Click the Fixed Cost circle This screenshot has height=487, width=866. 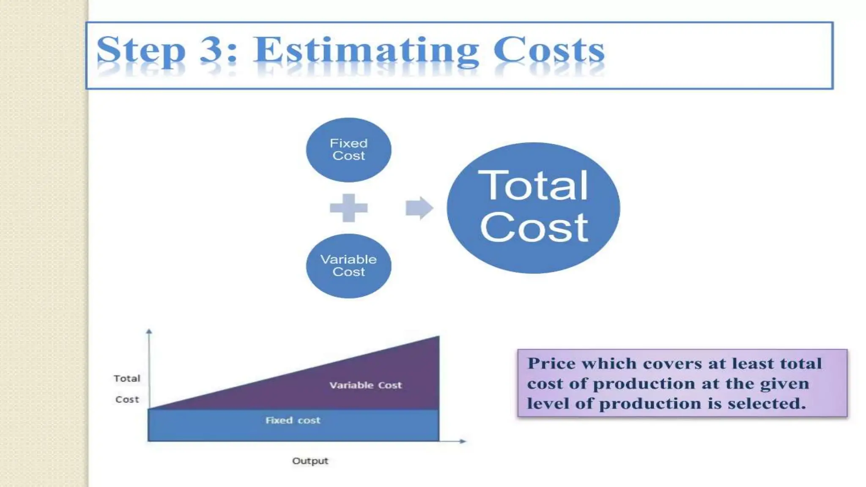tap(348, 150)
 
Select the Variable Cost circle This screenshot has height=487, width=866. tap(348, 265)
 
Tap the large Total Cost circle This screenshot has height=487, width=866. tap(533, 208)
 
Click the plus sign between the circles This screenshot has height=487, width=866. tap(348, 208)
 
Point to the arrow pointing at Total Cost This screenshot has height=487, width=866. tap(419, 208)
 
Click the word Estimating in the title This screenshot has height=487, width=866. tap(366, 51)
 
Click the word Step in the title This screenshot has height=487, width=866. tap(141, 51)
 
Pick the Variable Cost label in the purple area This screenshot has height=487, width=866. tap(365, 385)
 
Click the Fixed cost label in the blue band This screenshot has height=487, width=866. tap(293, 420)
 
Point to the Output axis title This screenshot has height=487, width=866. tap(310, 461)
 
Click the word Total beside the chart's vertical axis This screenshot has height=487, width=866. tap(127, 378)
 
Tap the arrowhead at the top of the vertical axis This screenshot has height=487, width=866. tap(149, 332)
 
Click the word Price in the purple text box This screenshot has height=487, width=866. tap(552, 364)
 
